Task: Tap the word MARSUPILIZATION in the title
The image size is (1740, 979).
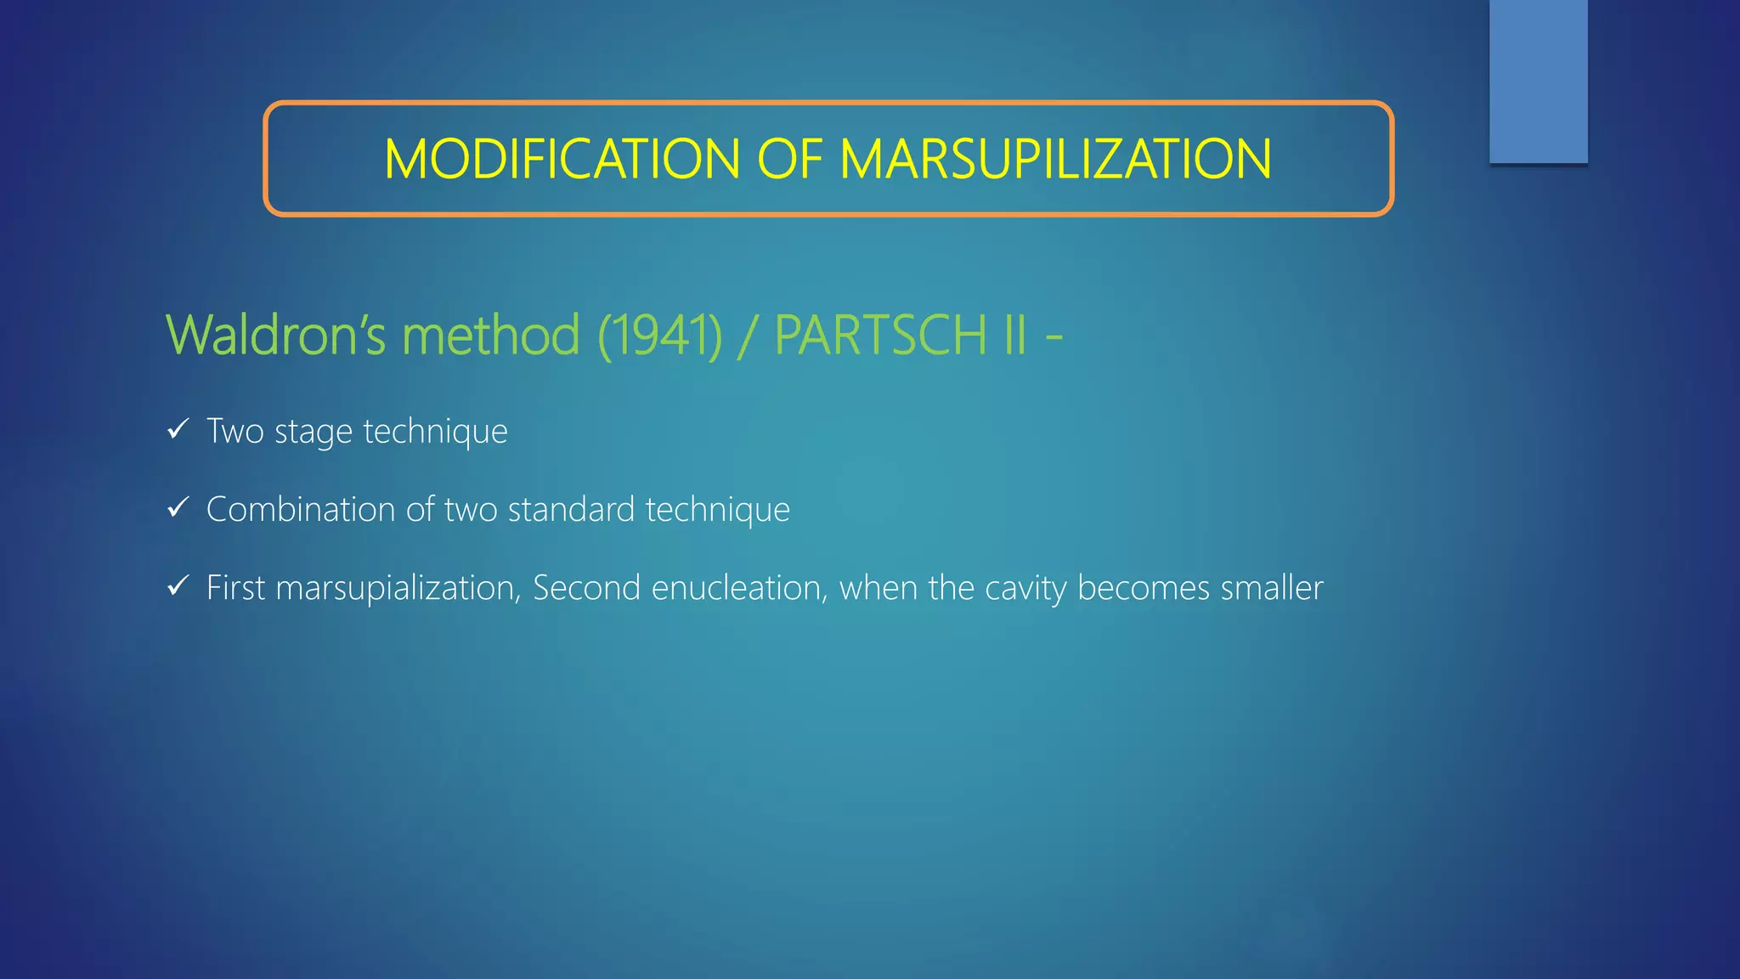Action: (1055, 159)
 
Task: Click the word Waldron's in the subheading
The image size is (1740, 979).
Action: (276, 334)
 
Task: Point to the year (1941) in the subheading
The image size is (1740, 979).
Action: (660, 335)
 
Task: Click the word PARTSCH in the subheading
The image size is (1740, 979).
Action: (880, 334)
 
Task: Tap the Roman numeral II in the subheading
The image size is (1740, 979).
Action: (1014, 334)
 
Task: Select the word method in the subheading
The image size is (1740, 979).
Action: (491, 334)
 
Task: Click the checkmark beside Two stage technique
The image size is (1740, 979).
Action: (178, 430)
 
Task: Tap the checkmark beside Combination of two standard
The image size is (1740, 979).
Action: (178, 508)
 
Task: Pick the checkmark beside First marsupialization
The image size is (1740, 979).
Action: (178, 586)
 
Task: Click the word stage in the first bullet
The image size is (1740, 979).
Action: (314, 432)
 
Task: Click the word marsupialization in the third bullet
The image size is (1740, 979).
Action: (398, 588)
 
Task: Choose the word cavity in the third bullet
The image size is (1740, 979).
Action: (1025, 588)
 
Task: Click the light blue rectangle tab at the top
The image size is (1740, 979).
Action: (1538, 81)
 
